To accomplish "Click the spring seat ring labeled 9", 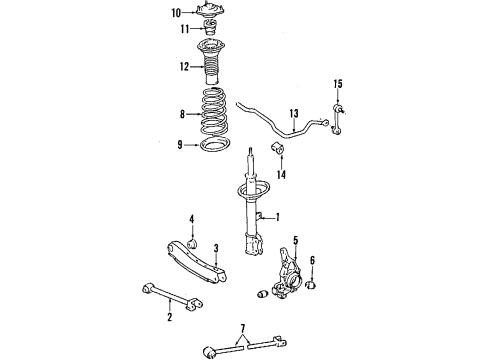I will tap(213, 147).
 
